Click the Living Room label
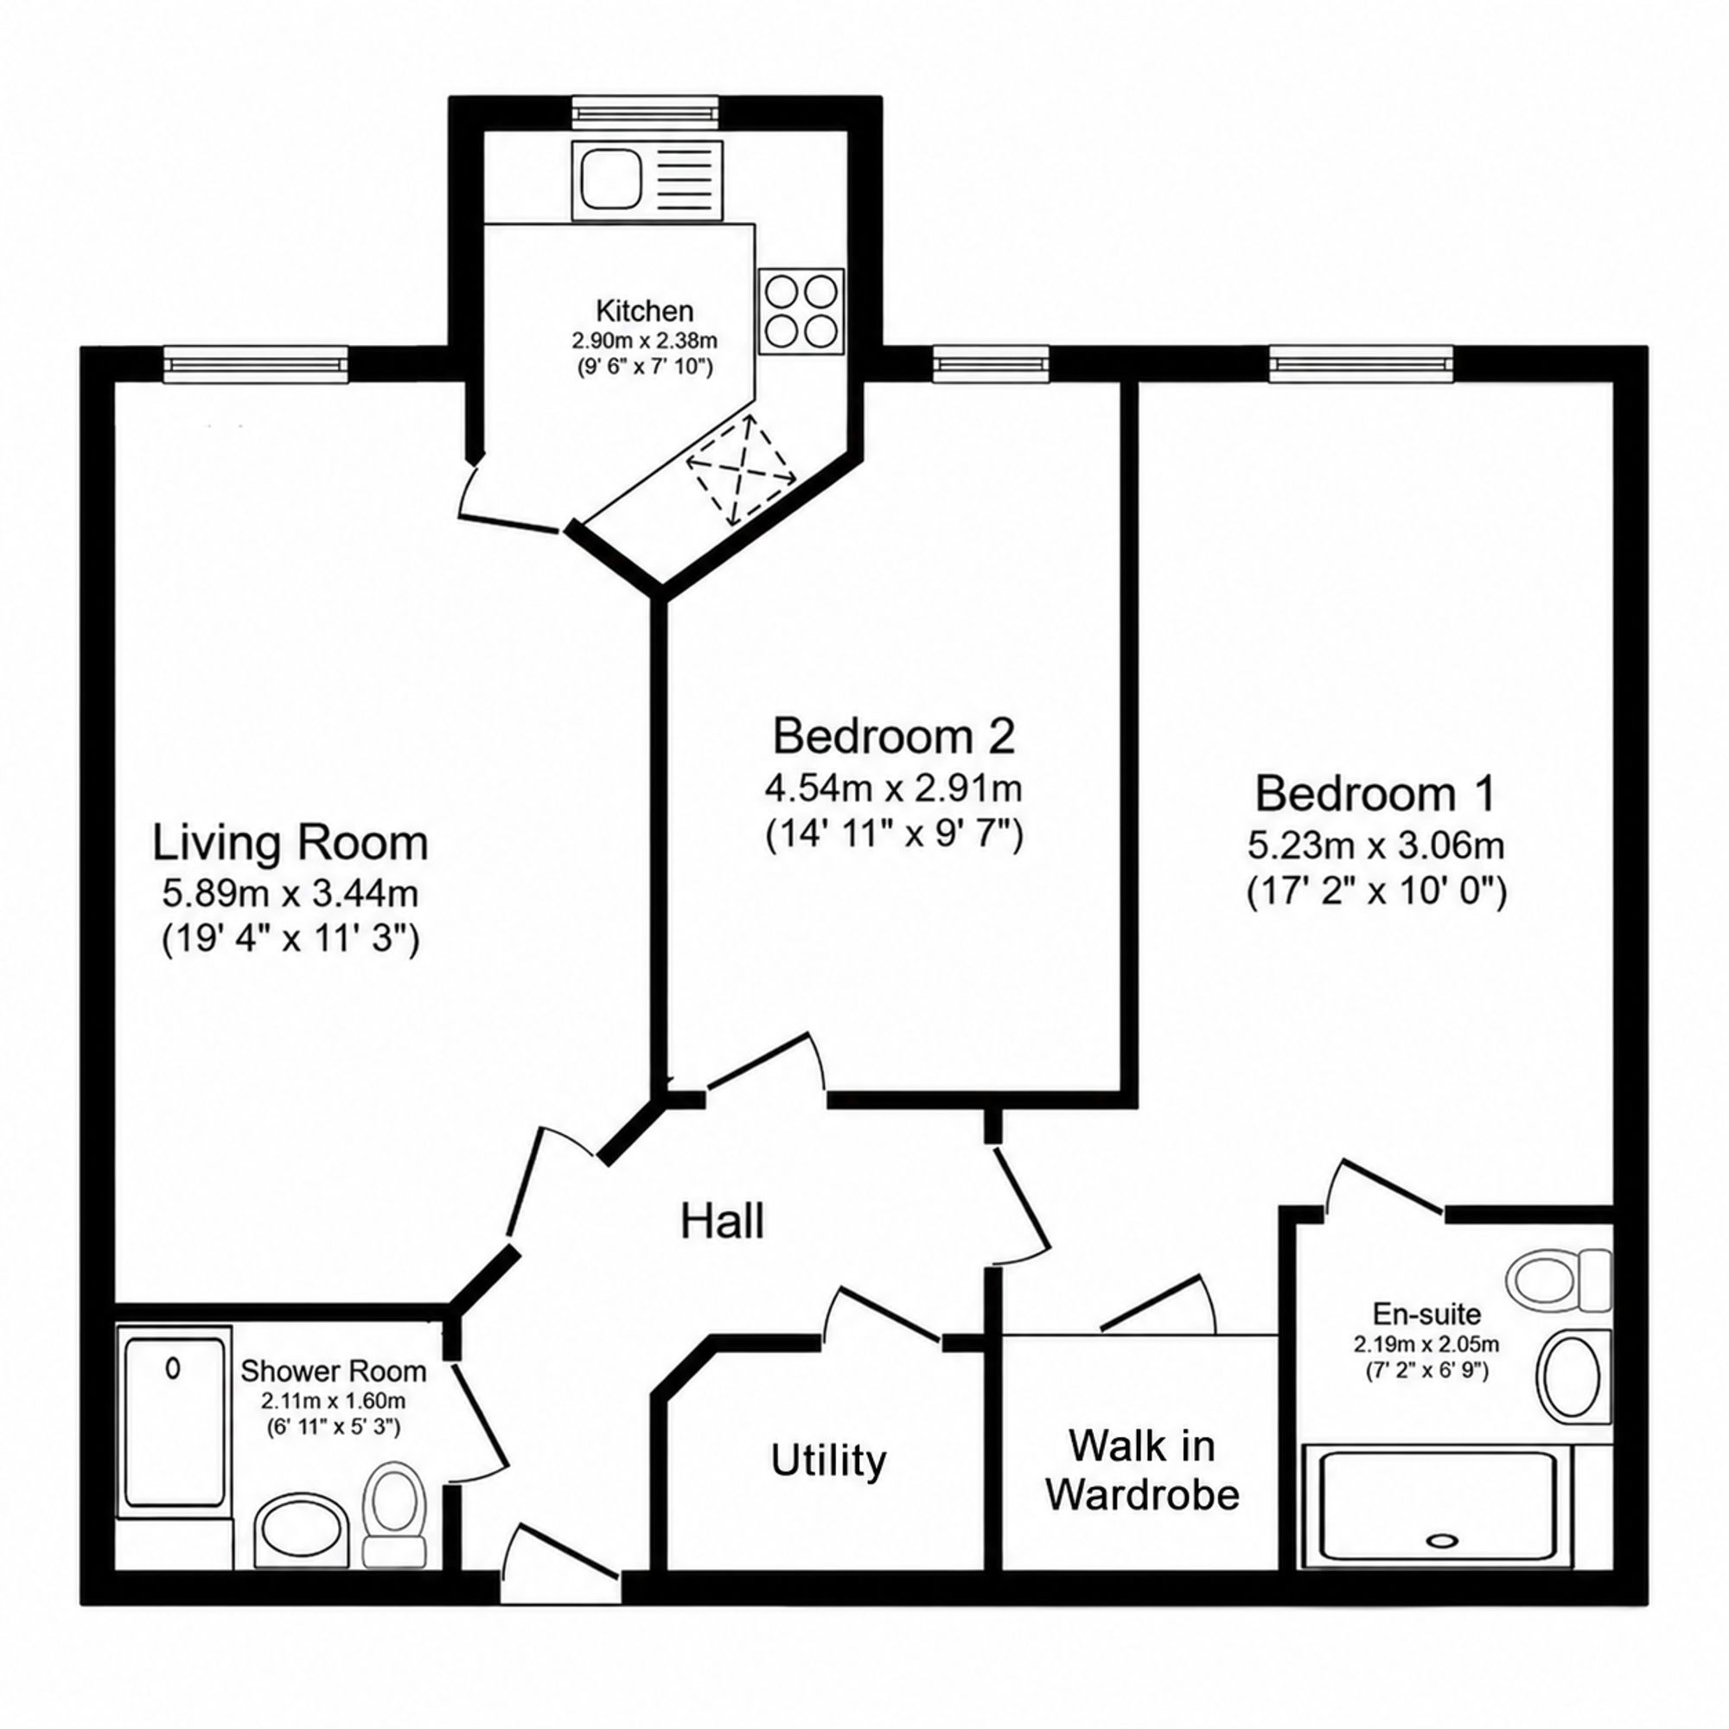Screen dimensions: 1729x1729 coord(290,844)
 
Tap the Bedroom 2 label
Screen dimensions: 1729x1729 coord(894,737)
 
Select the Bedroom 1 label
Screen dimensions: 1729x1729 coord(1375,794)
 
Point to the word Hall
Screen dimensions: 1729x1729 coord(722,1222)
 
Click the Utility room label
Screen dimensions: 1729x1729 coord(829,1461)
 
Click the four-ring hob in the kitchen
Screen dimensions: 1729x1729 coord(802,310)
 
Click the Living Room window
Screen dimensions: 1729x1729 coord(255,363)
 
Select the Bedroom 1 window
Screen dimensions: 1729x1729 coord(1360,363)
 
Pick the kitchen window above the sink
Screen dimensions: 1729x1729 coord(644,112)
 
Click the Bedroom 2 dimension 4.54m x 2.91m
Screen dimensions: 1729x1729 coord(894,789)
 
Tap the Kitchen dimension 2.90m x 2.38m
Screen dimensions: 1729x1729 coord(644,341)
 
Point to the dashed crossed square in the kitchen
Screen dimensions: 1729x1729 coord(742,469)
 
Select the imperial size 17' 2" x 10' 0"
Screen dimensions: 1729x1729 coord(1376,892)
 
